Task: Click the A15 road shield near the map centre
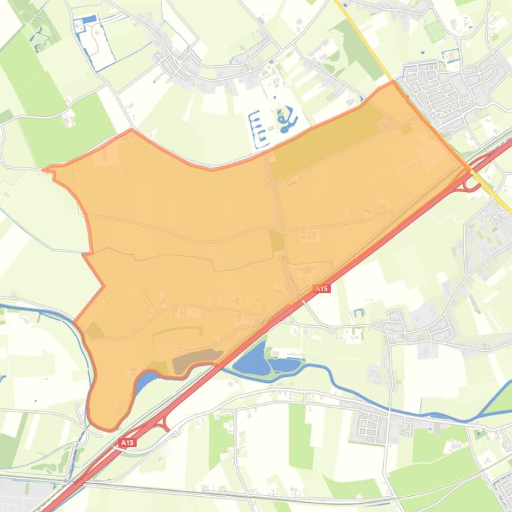(x=321, y=288)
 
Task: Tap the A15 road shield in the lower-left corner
(x=127, y=442)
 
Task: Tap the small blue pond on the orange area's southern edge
(x=146, y=380)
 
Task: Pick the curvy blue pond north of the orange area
(x=287, y=120)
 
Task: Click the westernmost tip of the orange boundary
(x=45, y=169)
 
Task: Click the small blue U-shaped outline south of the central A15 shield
(x=359, y=313)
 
